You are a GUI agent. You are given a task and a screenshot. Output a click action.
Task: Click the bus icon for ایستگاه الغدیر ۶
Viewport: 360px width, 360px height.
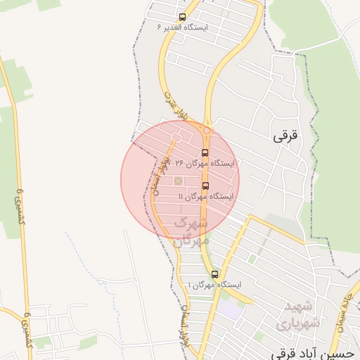[183, 17]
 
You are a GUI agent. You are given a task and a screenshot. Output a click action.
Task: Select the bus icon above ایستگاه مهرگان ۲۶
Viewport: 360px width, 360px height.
[205, 153]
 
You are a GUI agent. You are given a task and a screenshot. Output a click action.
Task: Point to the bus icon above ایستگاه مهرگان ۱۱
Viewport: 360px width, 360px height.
[205, 186]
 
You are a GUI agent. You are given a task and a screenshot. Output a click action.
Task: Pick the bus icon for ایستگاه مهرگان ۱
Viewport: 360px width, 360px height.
[214, 274]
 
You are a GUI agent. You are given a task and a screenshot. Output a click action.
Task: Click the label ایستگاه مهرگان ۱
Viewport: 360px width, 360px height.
[214, 285]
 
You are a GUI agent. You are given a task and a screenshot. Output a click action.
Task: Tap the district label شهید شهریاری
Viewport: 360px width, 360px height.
[302, 314]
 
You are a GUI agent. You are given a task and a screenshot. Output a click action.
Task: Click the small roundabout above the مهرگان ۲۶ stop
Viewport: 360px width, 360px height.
[207, 131]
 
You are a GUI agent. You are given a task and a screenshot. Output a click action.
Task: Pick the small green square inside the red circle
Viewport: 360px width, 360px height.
[178, 182]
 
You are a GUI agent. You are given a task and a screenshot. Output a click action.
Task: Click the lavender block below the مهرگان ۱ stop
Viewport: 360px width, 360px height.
[229, 307]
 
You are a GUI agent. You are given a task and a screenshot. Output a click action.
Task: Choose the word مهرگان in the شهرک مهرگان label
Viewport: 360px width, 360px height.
[191, 240]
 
